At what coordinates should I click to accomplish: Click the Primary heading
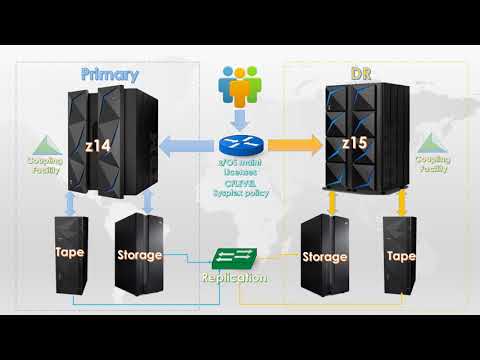pos(110,74)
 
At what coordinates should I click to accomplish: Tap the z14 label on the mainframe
pos(99,146)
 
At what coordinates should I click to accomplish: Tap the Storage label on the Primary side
pos(139,255)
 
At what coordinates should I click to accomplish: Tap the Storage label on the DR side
pos(325,257)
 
